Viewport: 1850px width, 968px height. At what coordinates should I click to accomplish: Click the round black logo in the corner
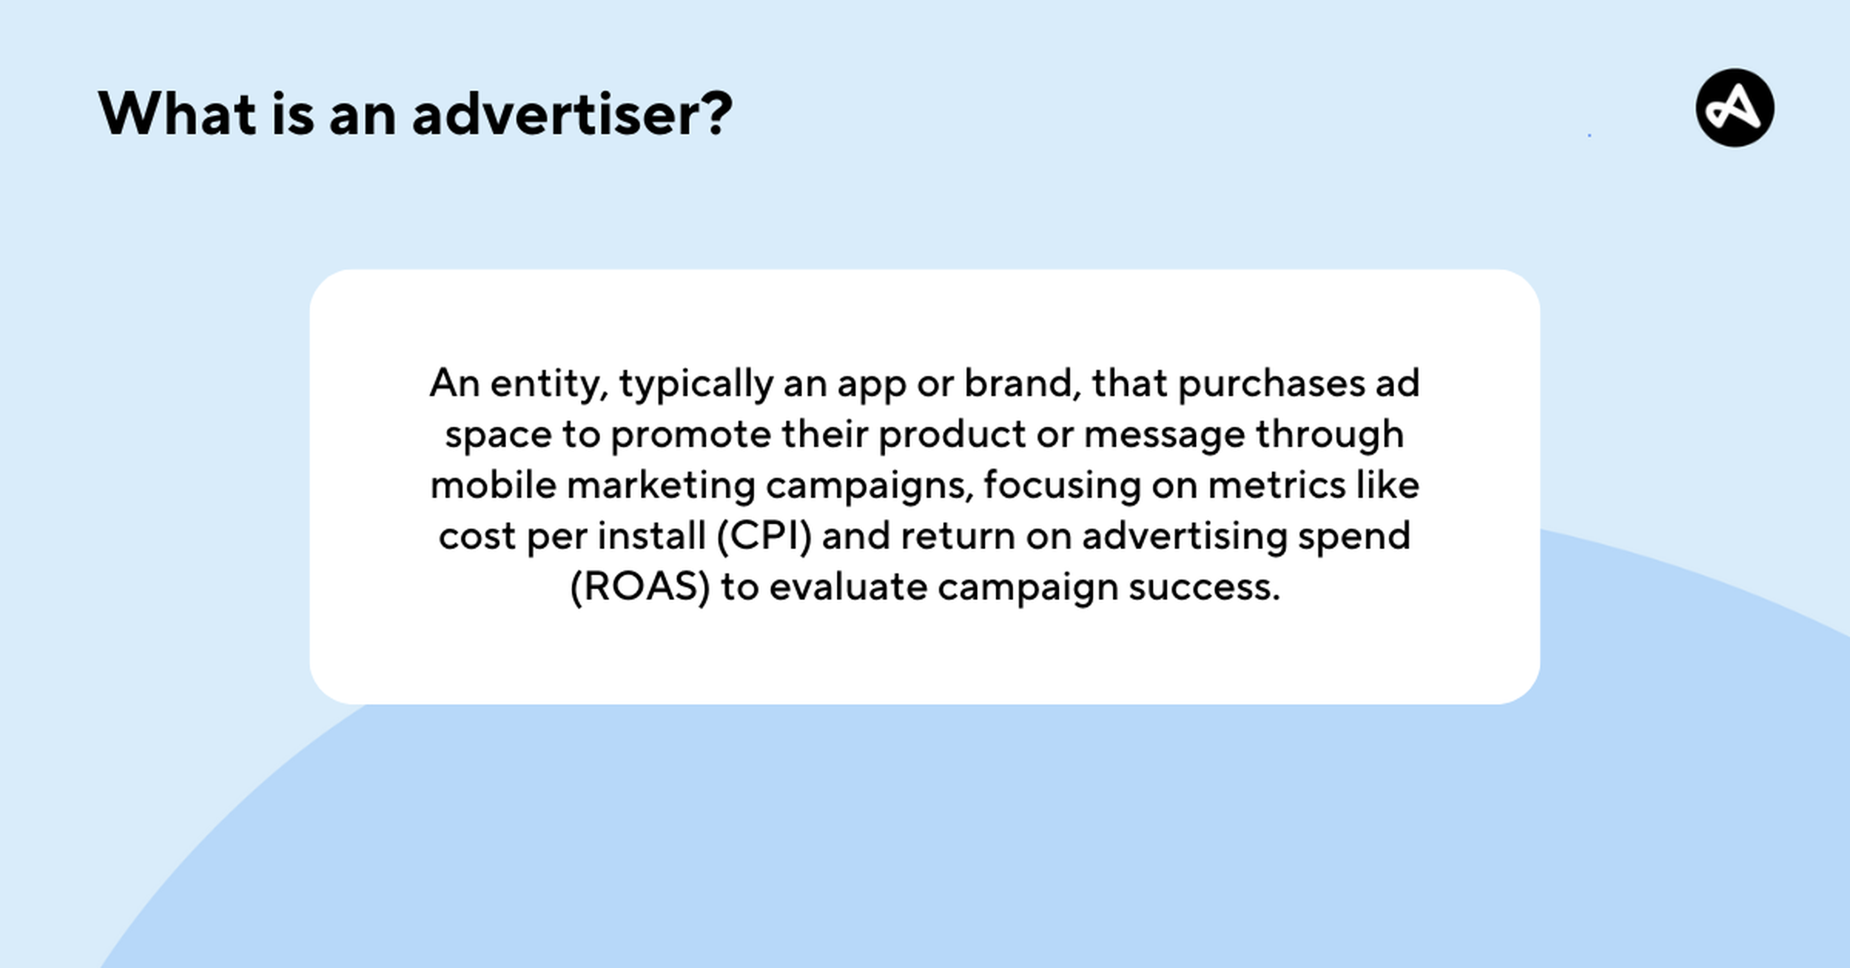(1735, 108)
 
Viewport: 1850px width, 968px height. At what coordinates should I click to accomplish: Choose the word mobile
(493, 485)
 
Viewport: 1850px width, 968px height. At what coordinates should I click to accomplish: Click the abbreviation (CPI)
(764, 536)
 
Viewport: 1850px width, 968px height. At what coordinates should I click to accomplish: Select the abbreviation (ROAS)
(640, 587)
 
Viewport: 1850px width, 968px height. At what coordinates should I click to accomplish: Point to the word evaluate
(848, 586)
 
